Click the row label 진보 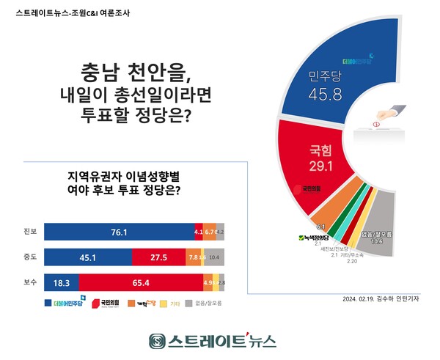tap(30, 232)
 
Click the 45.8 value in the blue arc tap(321, 95)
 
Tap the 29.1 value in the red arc tap(318, 166)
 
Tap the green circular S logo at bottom tap(155, 341)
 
